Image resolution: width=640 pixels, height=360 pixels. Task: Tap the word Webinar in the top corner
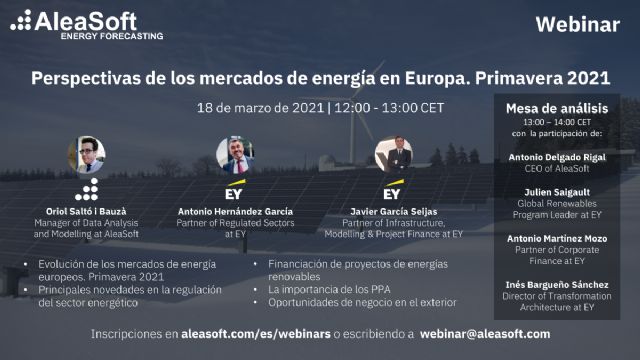pyautogui.click(x=577, y=25)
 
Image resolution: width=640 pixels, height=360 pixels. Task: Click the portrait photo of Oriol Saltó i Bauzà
pyautogui.click(x=86, y=154)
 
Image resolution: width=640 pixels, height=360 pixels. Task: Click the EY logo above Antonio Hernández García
pyautogui.click(x=235, y=192)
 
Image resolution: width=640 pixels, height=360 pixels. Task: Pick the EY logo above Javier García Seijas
pyautogui.click(x=392, y=192)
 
